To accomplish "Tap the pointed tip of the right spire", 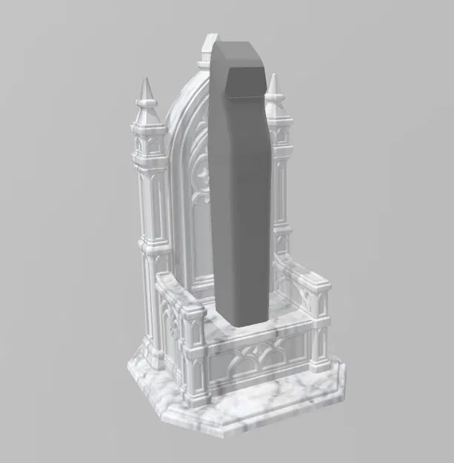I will click(x=274, y=75).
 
